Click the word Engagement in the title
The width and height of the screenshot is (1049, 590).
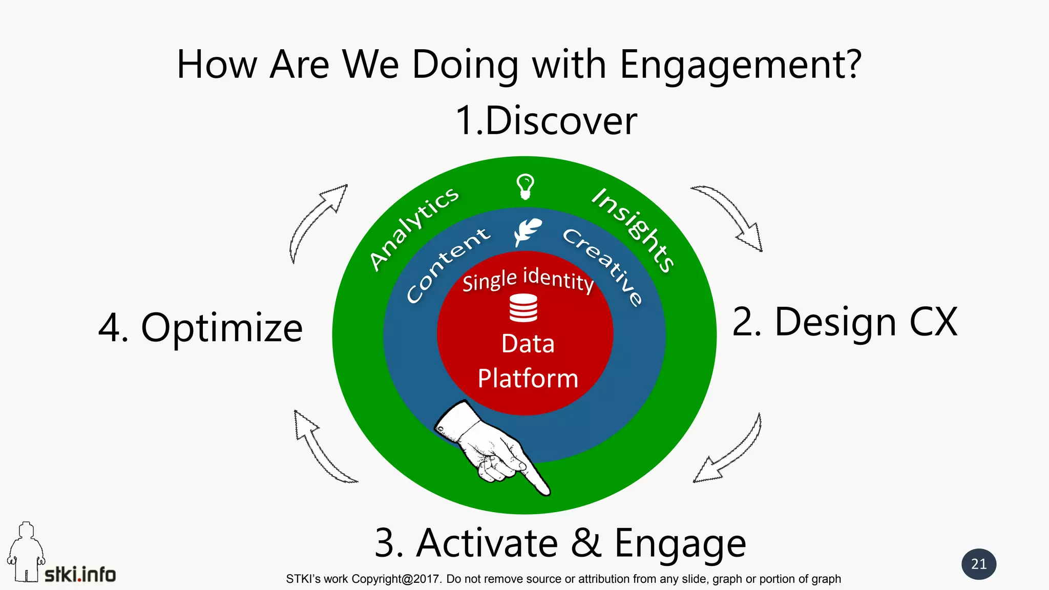[740, 66]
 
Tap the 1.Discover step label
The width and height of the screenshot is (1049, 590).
[546, 121]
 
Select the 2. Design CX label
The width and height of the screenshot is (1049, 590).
[844, 322]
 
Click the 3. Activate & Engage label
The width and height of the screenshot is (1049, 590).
[560, 543]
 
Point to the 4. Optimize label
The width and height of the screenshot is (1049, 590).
[200, 328]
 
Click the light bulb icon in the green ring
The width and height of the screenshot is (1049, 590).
[525, 186]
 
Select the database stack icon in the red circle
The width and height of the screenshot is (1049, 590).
[523, 308]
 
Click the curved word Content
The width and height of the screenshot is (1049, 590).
[447, 264]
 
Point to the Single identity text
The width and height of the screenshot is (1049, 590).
[528, 280]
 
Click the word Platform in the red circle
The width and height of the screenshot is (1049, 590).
[528, 378]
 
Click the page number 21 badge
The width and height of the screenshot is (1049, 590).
[979, 564]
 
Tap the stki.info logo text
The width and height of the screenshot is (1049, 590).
[80, 575]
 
